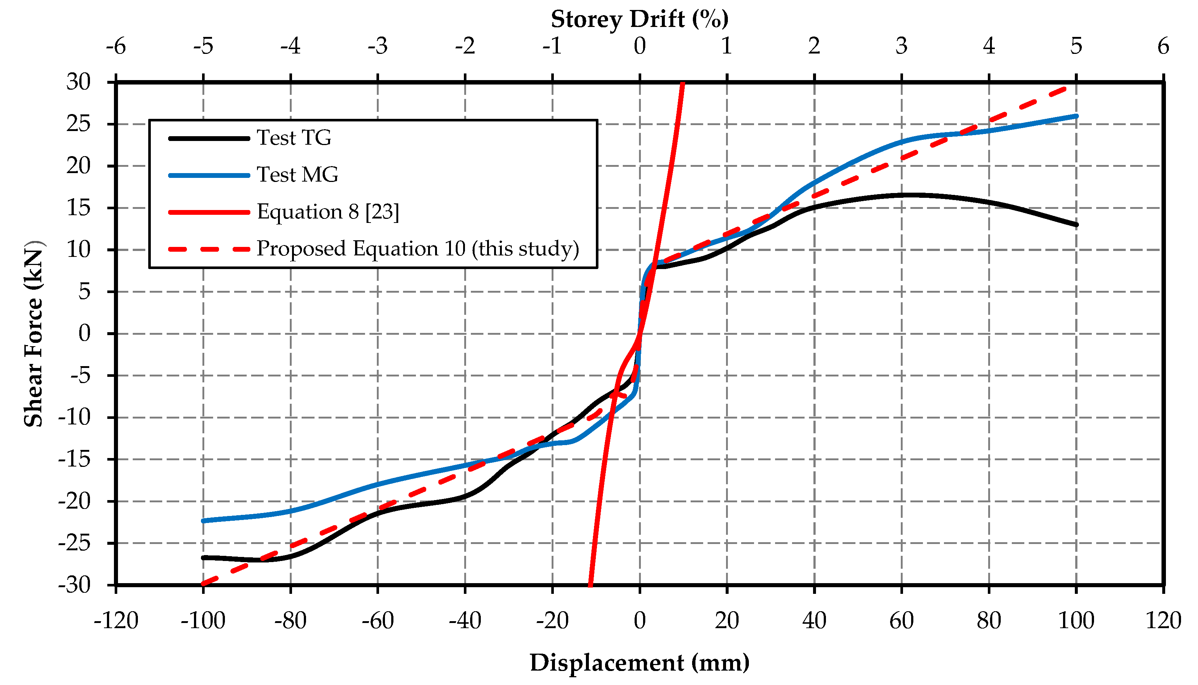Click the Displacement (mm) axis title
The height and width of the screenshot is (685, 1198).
(639, 662)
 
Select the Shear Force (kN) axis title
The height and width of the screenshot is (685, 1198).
(34, 333)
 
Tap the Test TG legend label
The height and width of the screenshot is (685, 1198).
(294, 138)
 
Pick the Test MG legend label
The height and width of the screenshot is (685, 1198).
(297, 175)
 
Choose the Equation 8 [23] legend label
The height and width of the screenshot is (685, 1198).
(327, 212)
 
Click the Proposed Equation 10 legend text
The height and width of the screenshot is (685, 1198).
(417, 248)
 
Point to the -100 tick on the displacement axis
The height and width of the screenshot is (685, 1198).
(203, 621)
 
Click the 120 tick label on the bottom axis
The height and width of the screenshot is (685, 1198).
(1163, 621)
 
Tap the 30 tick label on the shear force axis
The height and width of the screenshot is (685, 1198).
(79, 82)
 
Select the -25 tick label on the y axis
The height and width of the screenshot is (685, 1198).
(74, 543)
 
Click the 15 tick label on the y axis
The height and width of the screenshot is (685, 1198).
(79, 208)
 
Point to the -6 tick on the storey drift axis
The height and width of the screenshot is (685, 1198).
(116, 46)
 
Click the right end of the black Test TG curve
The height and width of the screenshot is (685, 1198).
(1076, 225)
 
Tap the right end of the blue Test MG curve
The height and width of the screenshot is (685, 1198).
(1076, 116)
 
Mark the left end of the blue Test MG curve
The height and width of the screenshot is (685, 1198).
(204, 521)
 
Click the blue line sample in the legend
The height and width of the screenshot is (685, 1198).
(209, 175)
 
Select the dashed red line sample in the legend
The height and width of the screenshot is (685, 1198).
(209, 249)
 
